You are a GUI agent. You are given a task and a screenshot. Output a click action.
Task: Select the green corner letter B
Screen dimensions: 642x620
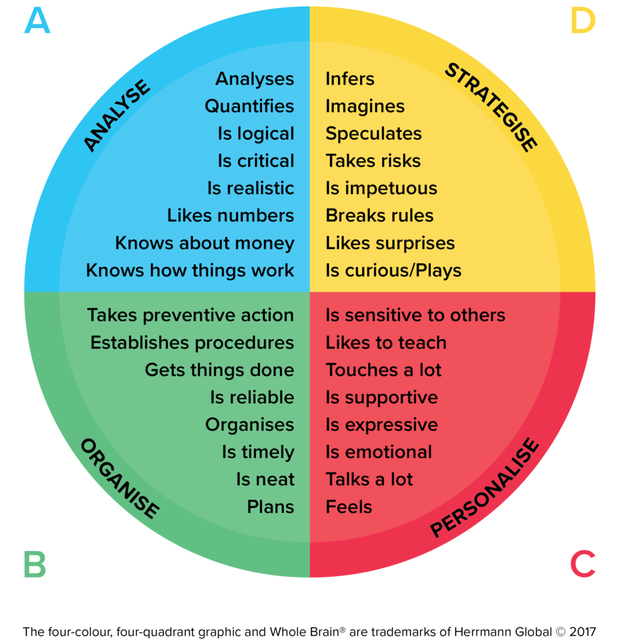click(35, 564)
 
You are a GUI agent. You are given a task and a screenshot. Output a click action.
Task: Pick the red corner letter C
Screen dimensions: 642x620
click(583, 564)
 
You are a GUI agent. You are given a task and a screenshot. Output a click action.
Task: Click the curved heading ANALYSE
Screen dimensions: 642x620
click(117, 116)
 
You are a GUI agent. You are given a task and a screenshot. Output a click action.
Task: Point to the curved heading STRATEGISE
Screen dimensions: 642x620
click(491, 107)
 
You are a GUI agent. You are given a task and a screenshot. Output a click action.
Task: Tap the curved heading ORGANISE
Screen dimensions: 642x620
click(120, 478)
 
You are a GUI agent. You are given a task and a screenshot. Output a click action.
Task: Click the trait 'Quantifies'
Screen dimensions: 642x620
click(249, 106)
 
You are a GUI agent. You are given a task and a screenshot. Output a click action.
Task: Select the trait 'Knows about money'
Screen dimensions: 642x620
click(204, 243)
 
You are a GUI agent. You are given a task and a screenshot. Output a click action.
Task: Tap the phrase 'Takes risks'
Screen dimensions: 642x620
click(373, 161)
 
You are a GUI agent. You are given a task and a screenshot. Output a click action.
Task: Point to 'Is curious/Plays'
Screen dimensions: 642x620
click(393, 271)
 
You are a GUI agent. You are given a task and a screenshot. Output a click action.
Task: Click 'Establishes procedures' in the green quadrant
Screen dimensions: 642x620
click(192, 343)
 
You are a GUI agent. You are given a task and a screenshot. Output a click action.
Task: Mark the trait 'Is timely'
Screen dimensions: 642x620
click(257, 452)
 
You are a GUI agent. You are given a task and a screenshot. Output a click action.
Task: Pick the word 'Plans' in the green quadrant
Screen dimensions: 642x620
click(270, 507)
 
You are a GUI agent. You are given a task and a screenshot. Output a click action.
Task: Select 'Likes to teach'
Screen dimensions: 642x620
click(386, 343)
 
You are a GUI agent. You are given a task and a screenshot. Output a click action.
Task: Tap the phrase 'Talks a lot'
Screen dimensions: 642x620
click(369, 479)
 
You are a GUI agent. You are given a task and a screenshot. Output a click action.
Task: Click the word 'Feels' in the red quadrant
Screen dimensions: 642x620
click(349, 507)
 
